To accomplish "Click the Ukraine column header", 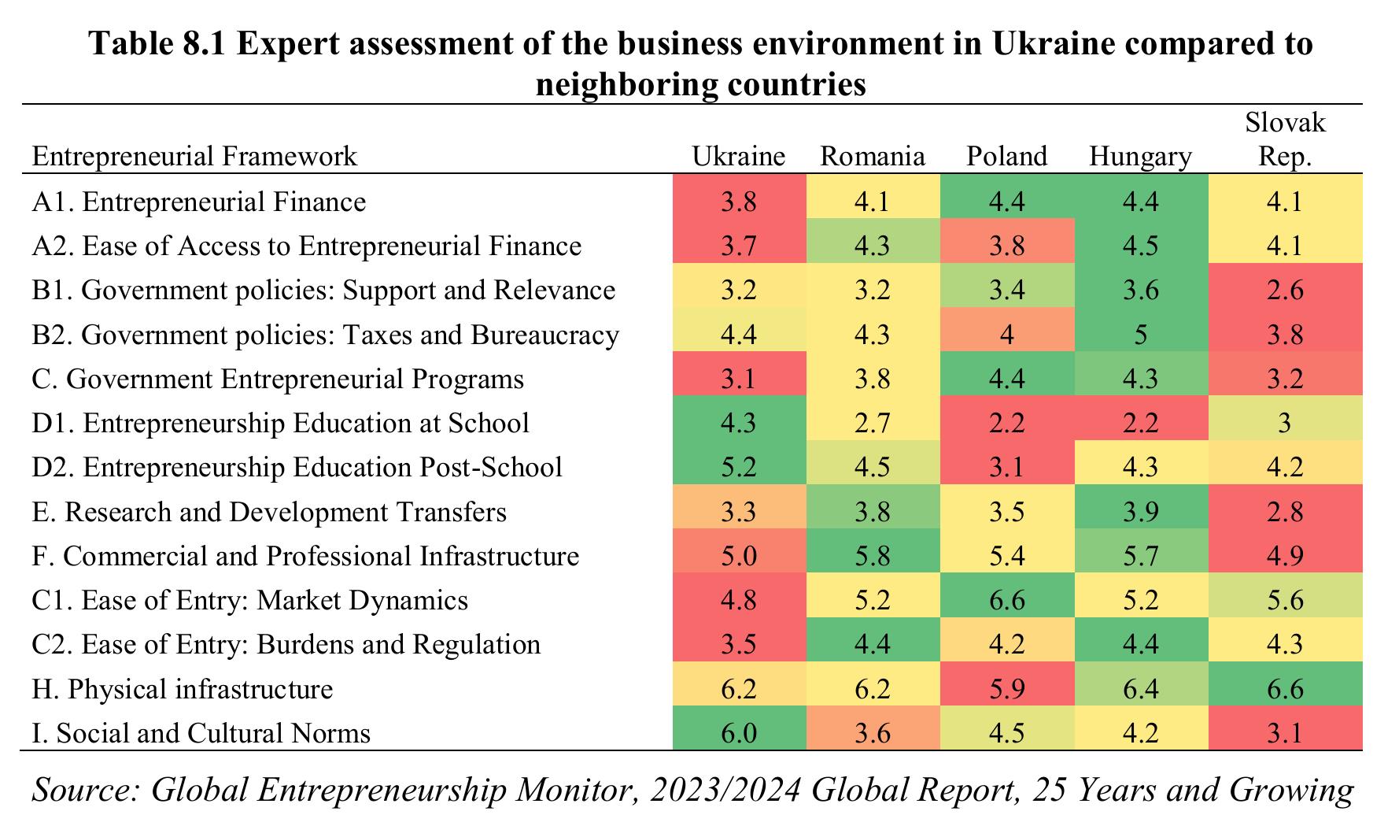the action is (738, 156).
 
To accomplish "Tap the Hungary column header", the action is (1140, 156).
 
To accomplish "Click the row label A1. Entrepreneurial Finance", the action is (199, 202).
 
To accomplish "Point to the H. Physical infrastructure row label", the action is (183, 689).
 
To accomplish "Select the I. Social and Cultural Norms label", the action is (201, 733).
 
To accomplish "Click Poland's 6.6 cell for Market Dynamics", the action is (1007, 600).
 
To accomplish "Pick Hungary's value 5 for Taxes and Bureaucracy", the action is (1141, 335).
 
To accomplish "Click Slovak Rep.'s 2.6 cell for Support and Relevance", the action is (1285, 291).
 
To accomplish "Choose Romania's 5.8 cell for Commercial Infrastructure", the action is (873, 556).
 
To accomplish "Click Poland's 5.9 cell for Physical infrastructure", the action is (1007, 689).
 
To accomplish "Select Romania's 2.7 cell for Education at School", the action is (873, 423).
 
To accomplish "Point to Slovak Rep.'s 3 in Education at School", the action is (1285, 423).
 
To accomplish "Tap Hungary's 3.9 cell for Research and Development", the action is (1141, 512).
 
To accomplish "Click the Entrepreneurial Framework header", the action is (194, 156).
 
